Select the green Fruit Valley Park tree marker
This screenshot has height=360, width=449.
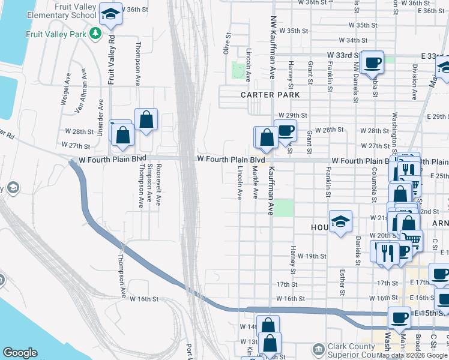pyautogui.click(x=94, y=34)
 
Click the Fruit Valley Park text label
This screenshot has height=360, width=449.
pyautogui.click(x=55, y=34)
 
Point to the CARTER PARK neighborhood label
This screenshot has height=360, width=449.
pyautogui.click(x=266, y=95)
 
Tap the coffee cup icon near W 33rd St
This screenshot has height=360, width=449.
pyautogui.click(x=373, y=62)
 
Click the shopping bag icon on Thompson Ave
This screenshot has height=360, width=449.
pyautogui.click(x=146, y=120)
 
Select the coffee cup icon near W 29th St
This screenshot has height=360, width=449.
pyautogui.click(x=286, y=130)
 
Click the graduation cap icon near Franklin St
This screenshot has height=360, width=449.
pyautogui.click(x=340, y=222)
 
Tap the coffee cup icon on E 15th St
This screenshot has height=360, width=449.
pyautogui.click(x=399, y=317)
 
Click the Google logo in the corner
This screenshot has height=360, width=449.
pyautogui.click(x=20, y=353)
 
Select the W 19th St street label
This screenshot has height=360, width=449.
pyautogui.click(x=312, y=256)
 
